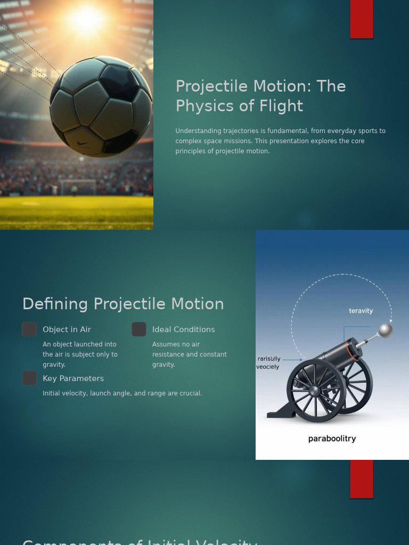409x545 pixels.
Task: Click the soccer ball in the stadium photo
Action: tap(101, 106)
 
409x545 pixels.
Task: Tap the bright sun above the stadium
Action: tap(86, 19)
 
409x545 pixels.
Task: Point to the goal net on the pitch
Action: tap(78, 187)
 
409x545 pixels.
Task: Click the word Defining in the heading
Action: tap(55, 304)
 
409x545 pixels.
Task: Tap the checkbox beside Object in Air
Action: tap(29, 329)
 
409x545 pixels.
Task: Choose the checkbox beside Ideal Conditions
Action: tap(139, 329)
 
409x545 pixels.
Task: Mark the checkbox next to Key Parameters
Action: tap(29, 378)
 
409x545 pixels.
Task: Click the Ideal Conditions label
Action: tap(183, 329)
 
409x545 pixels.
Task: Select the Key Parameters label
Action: tap(73, 378)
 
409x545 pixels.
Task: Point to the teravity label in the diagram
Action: tap(361, 311)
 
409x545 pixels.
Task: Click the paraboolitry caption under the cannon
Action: tap(332, 439)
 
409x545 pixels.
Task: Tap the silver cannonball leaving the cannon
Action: tap(385, 331)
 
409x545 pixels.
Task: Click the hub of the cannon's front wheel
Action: tap(314, 391)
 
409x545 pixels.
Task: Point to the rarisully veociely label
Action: tap(268, 363)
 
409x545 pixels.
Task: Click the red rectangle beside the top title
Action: tap(362, 19)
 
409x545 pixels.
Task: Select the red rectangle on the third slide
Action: tap(362, 479)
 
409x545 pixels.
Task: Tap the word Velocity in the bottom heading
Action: tap(227, 542)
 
